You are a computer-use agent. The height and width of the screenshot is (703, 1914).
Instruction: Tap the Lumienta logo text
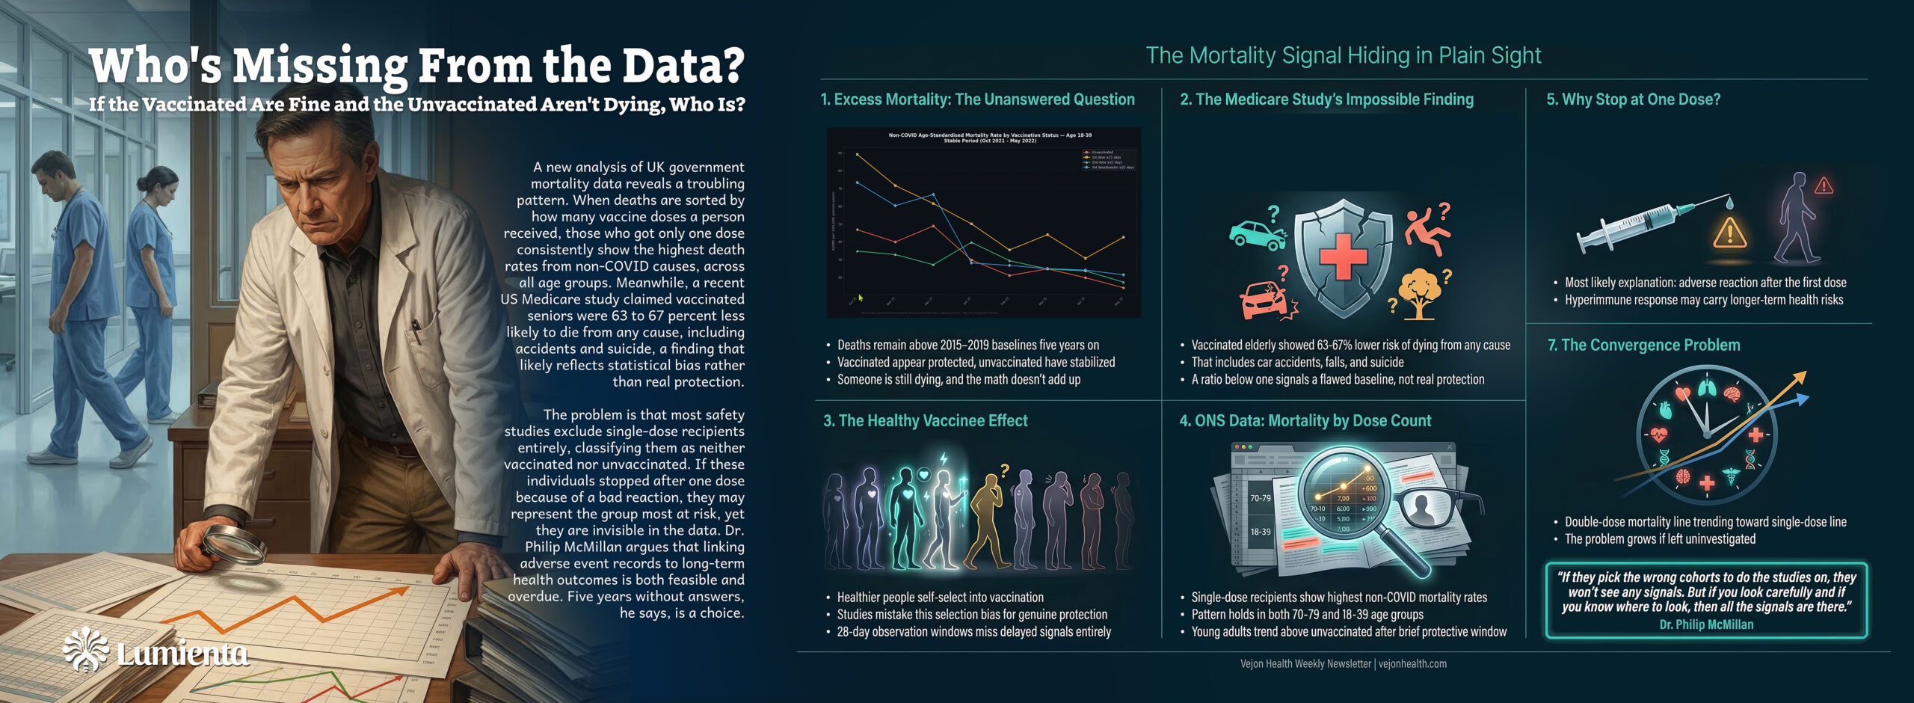pos(182,654)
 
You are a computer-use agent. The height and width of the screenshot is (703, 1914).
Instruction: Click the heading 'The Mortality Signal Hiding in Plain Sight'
pos(1343,55)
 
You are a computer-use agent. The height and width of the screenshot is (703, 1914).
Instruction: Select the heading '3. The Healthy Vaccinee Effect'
pos(925,421)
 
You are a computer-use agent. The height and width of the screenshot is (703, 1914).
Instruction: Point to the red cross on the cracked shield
pos(1343,257)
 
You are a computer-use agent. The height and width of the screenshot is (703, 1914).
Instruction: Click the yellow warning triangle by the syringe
pos(1729,233)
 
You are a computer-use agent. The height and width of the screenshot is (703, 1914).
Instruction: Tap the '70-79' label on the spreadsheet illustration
pos(1261,498)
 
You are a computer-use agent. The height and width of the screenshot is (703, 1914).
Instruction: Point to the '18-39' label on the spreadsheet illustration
pos(1261,532)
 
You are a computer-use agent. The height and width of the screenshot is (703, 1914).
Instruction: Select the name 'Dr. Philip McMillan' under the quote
pos(1705,624)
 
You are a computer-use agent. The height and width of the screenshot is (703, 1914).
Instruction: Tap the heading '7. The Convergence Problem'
pos(1643,346)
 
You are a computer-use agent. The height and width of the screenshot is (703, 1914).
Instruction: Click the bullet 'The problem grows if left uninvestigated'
pos(1660,539)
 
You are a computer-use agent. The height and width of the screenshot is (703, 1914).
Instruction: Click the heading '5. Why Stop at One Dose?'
pos(1633,99)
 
